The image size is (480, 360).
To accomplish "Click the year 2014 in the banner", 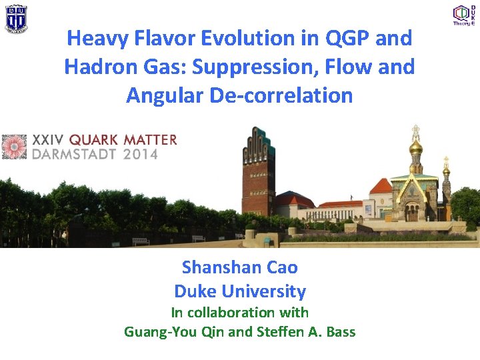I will coord(141,155).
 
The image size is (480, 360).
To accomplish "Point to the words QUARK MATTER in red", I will coord(123,140).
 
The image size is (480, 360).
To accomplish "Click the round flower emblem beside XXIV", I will coord(14,147).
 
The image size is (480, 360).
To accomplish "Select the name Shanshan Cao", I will coord(240,267).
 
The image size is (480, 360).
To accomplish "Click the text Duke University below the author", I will coord(240,291).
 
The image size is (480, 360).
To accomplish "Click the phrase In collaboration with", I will coord(240,312).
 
